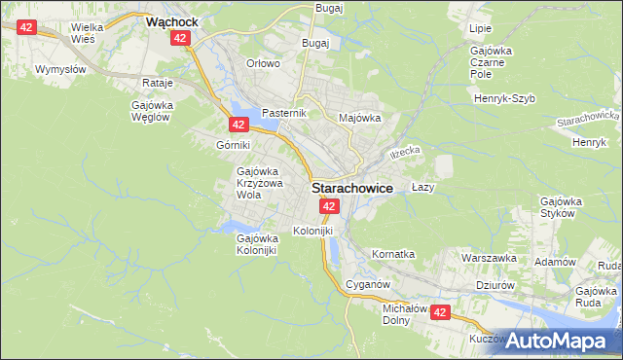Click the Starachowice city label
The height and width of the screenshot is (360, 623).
352,189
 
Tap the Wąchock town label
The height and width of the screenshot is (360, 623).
172,19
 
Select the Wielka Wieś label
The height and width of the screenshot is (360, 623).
91,34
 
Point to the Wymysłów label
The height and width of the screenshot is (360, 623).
60,70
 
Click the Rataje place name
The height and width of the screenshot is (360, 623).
157,84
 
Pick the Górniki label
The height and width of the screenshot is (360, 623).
234,144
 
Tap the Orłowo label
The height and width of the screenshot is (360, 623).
263,63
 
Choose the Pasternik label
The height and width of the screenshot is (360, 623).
284,112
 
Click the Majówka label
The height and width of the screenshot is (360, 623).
359,118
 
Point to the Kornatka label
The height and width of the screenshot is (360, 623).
393,254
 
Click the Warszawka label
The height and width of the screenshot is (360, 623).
489,259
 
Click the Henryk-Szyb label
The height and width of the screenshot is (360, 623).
505,99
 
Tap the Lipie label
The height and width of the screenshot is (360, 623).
480,29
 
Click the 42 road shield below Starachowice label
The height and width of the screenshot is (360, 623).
329,207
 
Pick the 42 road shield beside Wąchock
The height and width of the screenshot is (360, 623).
180,37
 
